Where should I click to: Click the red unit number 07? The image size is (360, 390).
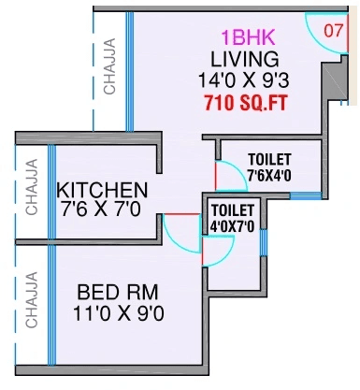(x=333, y=29)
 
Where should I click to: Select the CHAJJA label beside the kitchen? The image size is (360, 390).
(x=31, y=192)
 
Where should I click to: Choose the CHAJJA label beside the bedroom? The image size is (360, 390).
(x=31, y=299)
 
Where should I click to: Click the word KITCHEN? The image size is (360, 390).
(x=101, y=190)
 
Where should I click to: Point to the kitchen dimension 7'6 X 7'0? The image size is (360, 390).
(x=101, y=209)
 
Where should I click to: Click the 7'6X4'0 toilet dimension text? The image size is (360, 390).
(x=270, y=176)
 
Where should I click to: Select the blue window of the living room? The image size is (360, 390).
(x=130, y=70)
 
